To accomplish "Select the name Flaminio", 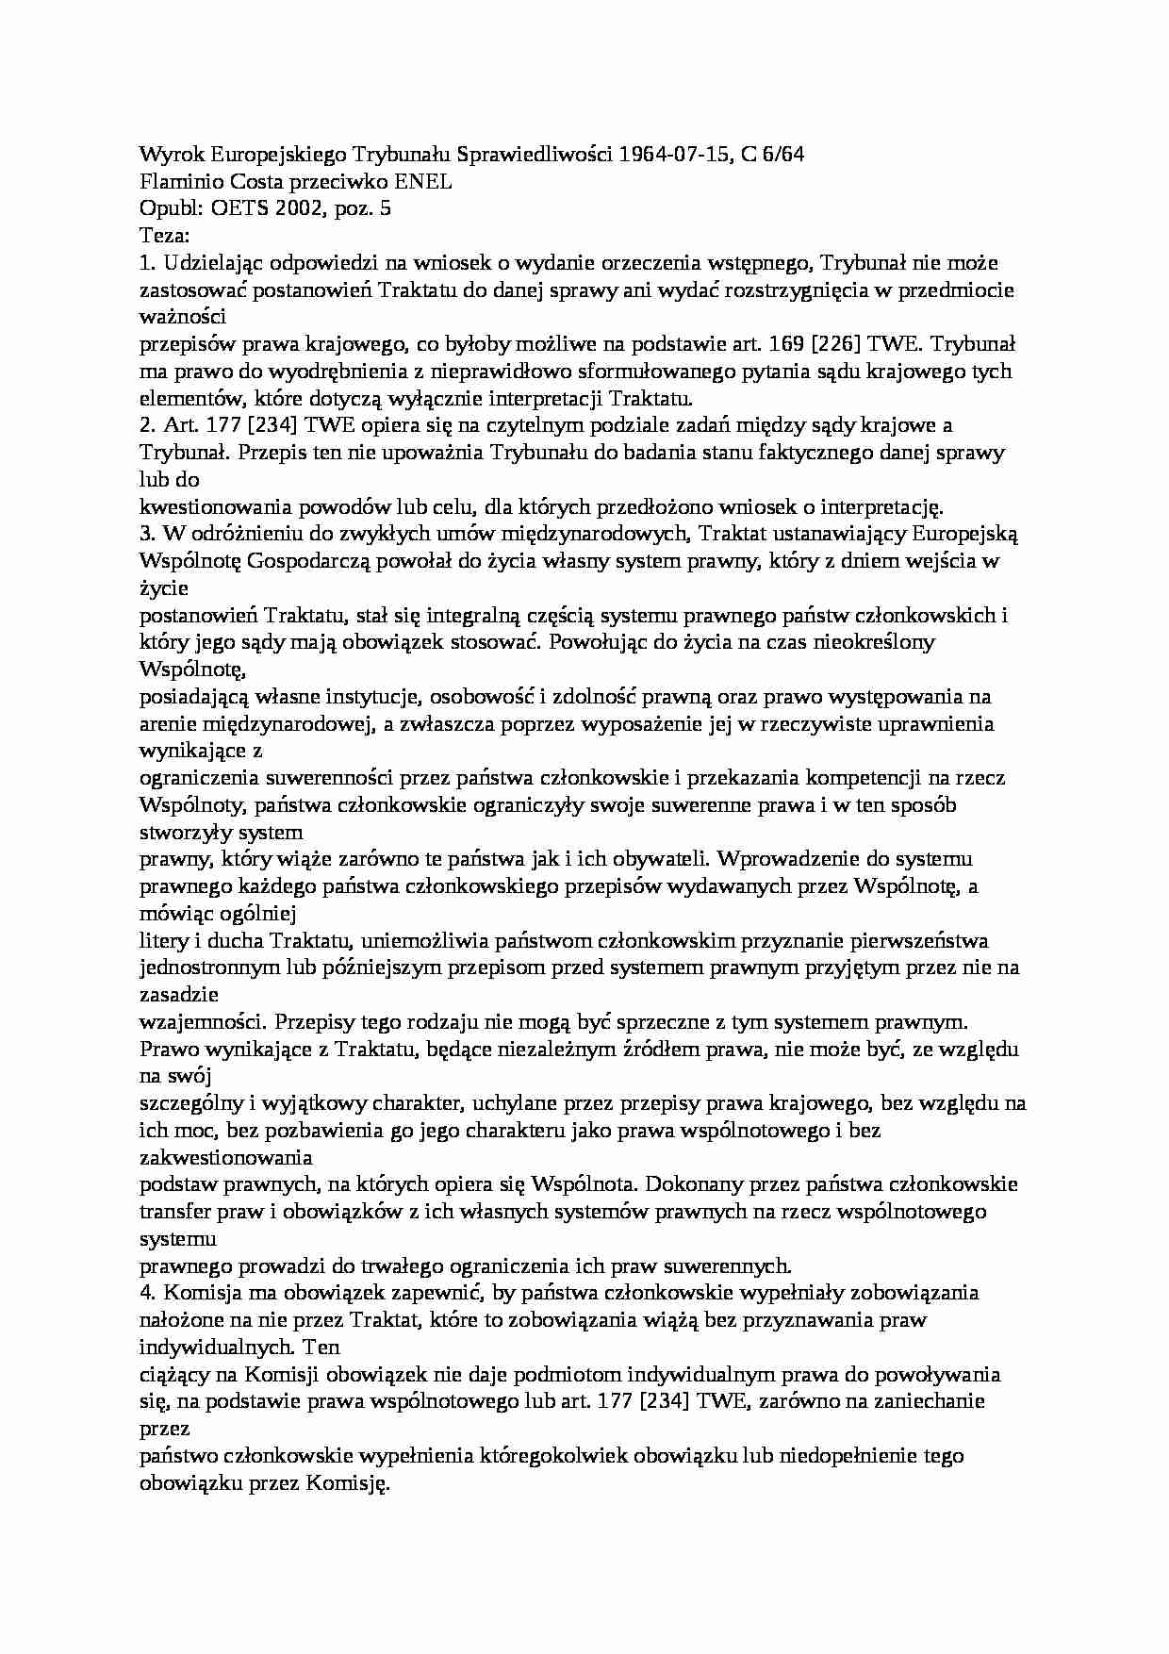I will click(x=180, y=181).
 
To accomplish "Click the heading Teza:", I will click(x=165, y=235).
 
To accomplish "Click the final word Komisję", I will click(x=347, y=1483).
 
